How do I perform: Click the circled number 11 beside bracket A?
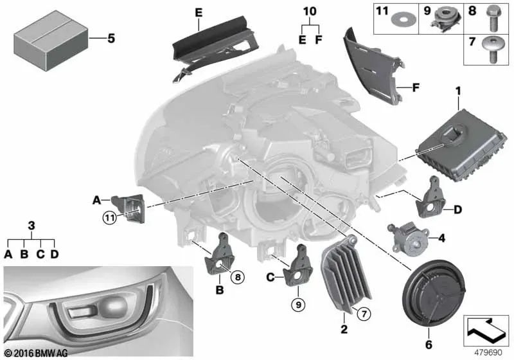click(109, 218)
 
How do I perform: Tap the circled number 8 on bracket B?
click(238, 278)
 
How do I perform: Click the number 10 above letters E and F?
click(310, 11)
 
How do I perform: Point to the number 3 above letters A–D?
click(31, 226)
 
